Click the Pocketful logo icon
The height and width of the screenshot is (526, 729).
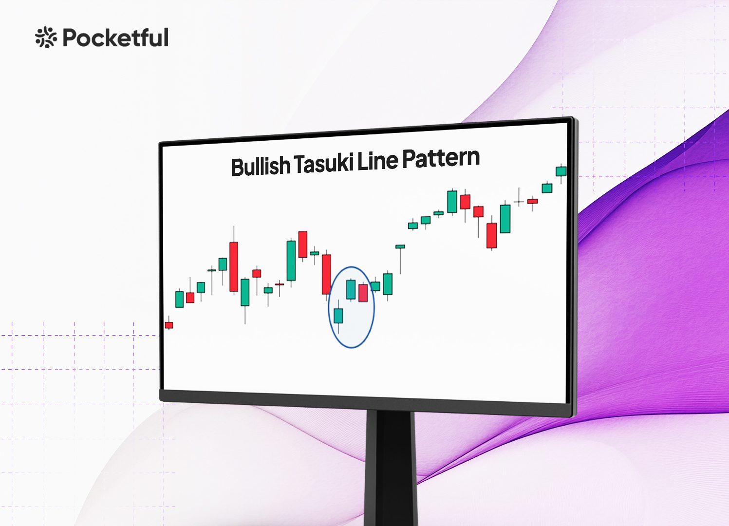click(x=46, y=38)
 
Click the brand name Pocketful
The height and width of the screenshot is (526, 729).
click(x=115, y=38)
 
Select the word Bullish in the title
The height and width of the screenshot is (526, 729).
click(x=261, y=166)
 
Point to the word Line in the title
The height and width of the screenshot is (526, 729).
click(x=377, y=161)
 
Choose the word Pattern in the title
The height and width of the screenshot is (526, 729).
click(x=441, y=159)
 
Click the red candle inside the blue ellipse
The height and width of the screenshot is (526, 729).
click(x=363, y=293)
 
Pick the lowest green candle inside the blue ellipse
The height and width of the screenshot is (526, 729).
click(x=338, y=316)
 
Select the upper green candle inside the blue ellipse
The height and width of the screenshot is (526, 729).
click(x=351, y=289)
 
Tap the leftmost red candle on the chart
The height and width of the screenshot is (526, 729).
click(x=169, y=325)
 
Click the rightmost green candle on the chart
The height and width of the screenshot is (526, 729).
click(x=561, y=171)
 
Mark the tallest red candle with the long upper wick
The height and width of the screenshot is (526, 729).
click(x=234, y=266)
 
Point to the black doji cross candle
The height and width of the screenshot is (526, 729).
click(x=519, y=202)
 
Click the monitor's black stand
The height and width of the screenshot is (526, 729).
click(x=391, y=469)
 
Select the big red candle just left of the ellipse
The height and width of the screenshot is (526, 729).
click(x=326, y=274)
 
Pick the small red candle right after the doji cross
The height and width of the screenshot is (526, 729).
click(x=532, y=201)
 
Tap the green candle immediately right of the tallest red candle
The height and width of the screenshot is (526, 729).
click(x=245, y=292)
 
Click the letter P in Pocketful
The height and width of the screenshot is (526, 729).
click(x=70, y=38)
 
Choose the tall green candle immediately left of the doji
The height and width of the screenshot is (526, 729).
click(x=505, y=219)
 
